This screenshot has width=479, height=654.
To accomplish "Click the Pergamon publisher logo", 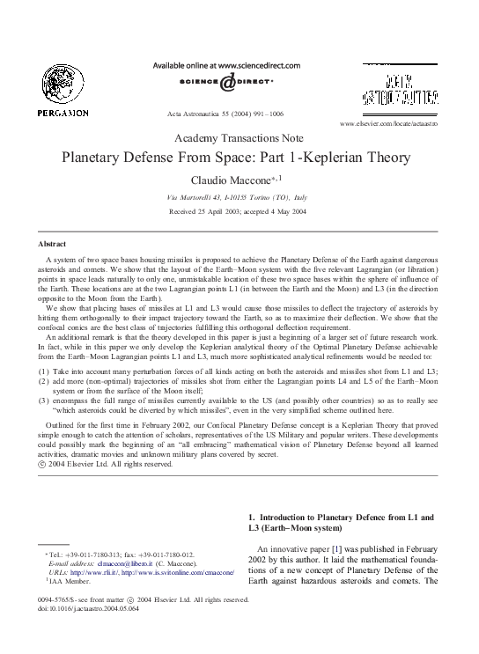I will tap(63, 92).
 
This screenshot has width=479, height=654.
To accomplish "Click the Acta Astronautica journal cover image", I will tap(402, 88).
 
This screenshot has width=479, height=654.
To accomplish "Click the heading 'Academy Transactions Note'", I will tap(239, 138).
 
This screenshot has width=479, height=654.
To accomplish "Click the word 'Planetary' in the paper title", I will tap(99, 158).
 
